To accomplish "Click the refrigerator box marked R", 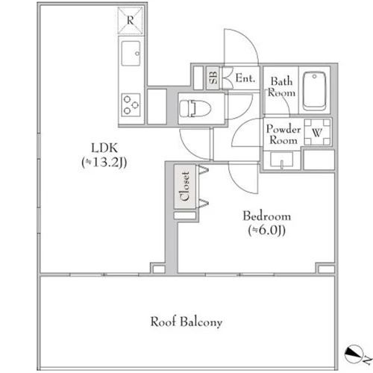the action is pyautogui.click(x=131, y=20).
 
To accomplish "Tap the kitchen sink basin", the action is pyautogui.click(x=131, y=53).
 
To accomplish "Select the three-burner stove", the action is pyautogui.click(x=131, y=104).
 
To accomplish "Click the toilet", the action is pyautogui.click(x=195, y=108).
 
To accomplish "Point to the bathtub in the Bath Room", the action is pyautogui.click(x=314, y=91).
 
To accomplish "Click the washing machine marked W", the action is pyautogui.click(x=317, y=132).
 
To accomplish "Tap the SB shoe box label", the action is pyautogui.click(x=213, y=78).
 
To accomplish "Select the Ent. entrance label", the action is pyautogui.click(x=245, y=78).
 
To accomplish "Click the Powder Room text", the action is pyautogui.click(x=283, y=134).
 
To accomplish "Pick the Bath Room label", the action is pyautogui.click(x=282, y=87).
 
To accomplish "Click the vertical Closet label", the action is pyautogui.click(x=185, y=186).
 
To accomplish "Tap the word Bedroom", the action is pyautogui.click(x=267, y=216).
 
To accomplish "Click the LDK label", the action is pyautogui.click(x=104, y=148).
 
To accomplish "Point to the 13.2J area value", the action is pyautogui.click(x=104, y=163).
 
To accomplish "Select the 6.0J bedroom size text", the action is pyautogui.click(x=267, y=231).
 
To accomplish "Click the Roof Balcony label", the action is pyautogui.click(x=186, y=322).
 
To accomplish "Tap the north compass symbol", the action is pyautogui.click(x=353, y=354).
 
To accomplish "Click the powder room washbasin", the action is pyautogui.click(x=282, y=160).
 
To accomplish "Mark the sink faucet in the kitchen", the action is pyautogui.click(x=137, y=54).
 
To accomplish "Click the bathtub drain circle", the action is pyautogui.click(x=315, y=76).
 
